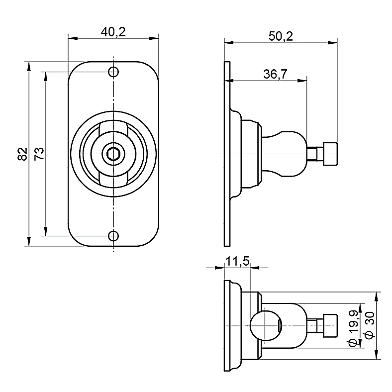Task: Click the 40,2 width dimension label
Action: click(x=113, y=32)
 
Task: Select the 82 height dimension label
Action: click(x=22, y=154)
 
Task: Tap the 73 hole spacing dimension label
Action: click(x=39, y=154)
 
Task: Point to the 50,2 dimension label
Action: click(x=281, y=36)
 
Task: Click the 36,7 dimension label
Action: click(x=275, y=74)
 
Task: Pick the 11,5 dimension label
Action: click(x=237, y=262)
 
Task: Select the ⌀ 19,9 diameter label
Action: click(x=353, y=329)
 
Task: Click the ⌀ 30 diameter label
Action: click(x=370, y=325)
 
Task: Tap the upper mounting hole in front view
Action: click(x=113, y=72)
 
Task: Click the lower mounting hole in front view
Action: click(x=113, y=236)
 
